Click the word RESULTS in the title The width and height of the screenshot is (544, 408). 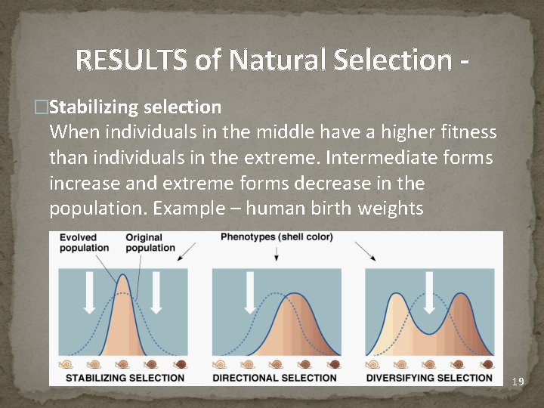[x=132, y=59]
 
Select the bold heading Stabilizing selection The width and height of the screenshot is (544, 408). [x=139, y=107]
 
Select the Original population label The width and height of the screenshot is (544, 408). [x=150, y=243]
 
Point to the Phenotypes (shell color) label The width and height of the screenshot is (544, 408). [x=276, y=237]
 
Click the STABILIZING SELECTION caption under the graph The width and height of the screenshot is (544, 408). [x=125, y=378]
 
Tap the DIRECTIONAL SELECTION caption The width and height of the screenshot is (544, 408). [x=275, y=378]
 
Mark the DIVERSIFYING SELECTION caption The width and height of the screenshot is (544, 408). [x=429, y=378]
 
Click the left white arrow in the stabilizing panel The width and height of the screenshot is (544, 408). [x=89, y=292]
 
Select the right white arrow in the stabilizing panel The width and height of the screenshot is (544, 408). [x=156, y=292]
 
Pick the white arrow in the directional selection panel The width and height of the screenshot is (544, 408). [x=249, y=292]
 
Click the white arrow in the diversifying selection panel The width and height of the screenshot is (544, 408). [x=429, y=292]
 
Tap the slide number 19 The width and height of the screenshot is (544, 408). [x=518, y=382]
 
